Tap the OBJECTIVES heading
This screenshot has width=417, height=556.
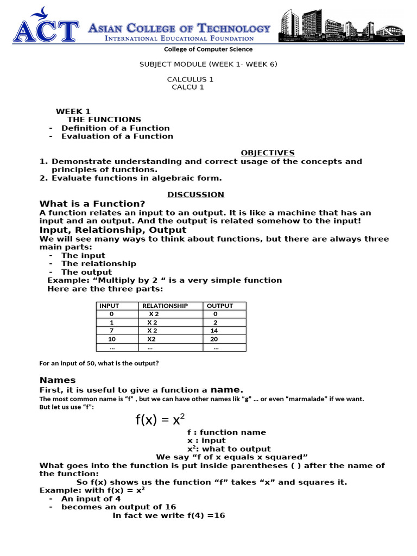coord(267,153)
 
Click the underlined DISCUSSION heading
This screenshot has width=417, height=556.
coord(195,194)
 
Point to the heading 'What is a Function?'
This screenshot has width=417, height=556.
coord(92,204)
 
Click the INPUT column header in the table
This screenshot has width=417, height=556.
coord(109,306)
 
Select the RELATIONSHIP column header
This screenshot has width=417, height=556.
coord(165,306)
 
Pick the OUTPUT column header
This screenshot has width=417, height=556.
coord(220,306)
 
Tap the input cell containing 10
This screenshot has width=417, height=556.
coord(112,339)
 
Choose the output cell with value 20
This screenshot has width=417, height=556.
coord(214,339)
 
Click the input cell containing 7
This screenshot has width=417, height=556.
coord(111,331)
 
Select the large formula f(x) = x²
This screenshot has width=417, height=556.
coord(160,419)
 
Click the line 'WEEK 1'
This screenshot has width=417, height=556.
coord(73,111)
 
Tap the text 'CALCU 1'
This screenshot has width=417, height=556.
coord(188,87)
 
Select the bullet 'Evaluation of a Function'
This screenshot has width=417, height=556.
coord(117,136)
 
